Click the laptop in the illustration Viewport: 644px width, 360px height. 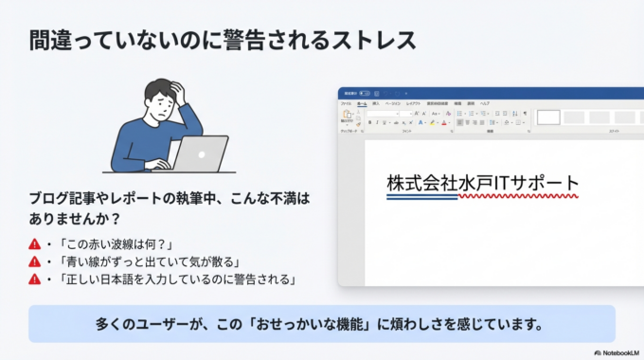coord(200,153)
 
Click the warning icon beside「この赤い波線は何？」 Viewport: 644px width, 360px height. coord(35,244)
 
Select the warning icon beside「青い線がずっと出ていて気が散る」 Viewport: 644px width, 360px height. coord(35,261)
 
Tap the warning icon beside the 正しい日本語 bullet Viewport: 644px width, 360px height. coord(35,279)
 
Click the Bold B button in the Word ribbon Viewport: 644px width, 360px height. coord(369,122)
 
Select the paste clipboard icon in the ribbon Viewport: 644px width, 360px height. coord(348,116)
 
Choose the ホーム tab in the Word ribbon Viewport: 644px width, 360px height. coord(361,102)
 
